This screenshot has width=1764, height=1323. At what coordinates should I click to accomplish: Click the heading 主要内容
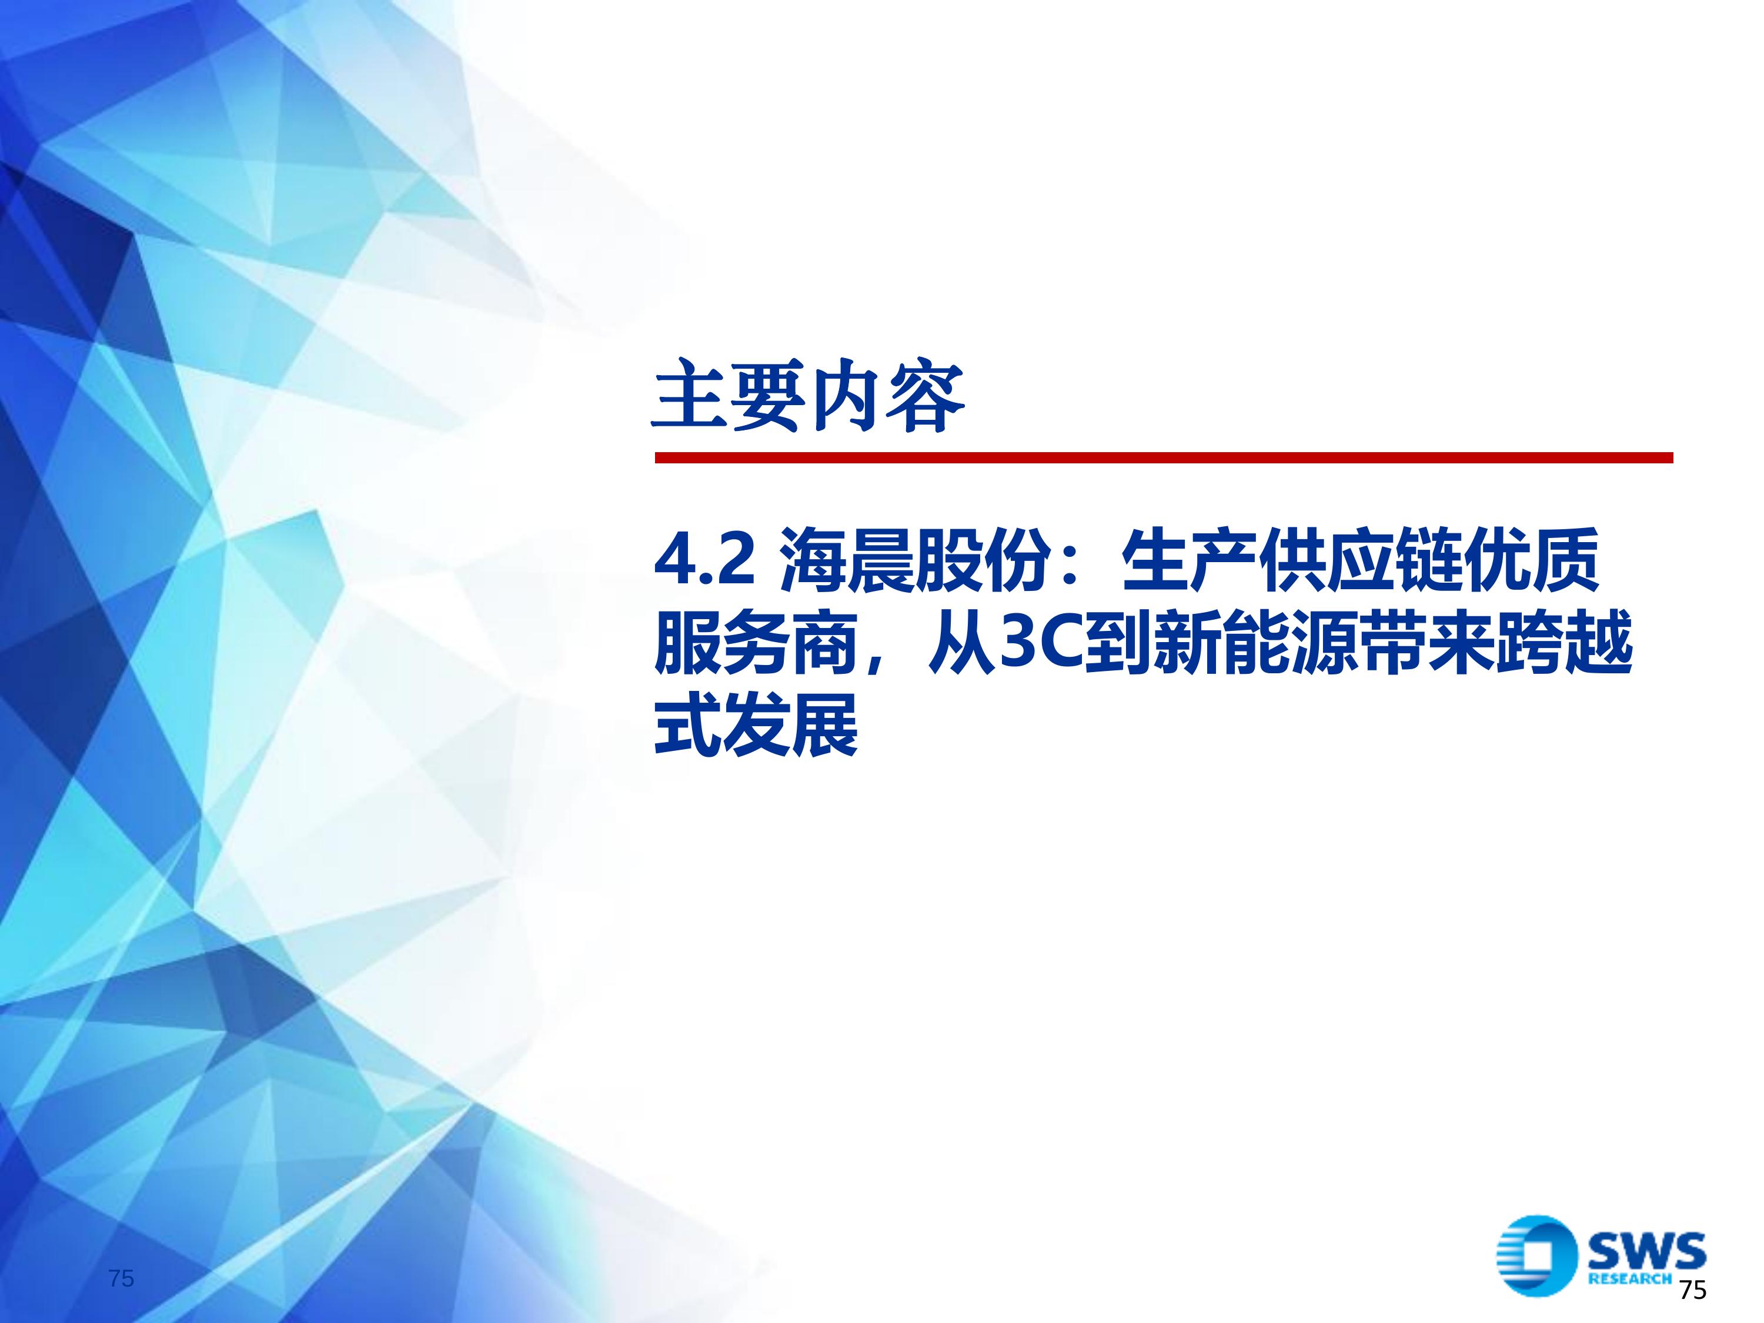pos(808,396)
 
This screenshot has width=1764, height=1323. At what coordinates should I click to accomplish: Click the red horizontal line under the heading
pos(1164,457)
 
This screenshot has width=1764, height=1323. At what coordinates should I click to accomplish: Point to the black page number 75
pos(1692,1289)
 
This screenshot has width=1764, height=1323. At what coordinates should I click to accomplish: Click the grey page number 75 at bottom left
pos(121,1278)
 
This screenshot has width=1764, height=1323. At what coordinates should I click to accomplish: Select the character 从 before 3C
pos(963,643)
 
